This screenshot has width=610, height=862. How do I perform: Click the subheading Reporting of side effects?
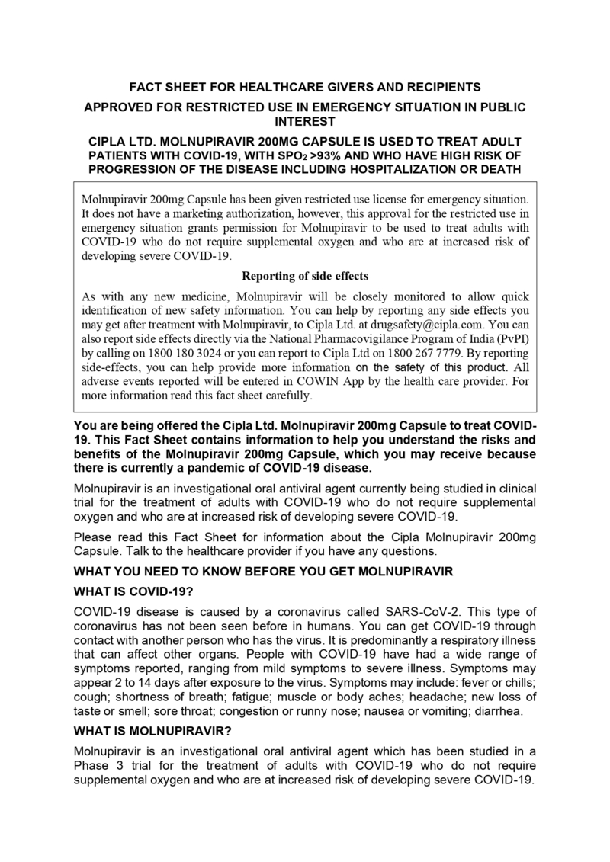[305, 275]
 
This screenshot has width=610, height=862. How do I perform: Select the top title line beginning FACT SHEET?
[304, 86]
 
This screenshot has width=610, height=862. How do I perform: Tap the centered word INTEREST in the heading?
[304, 120]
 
